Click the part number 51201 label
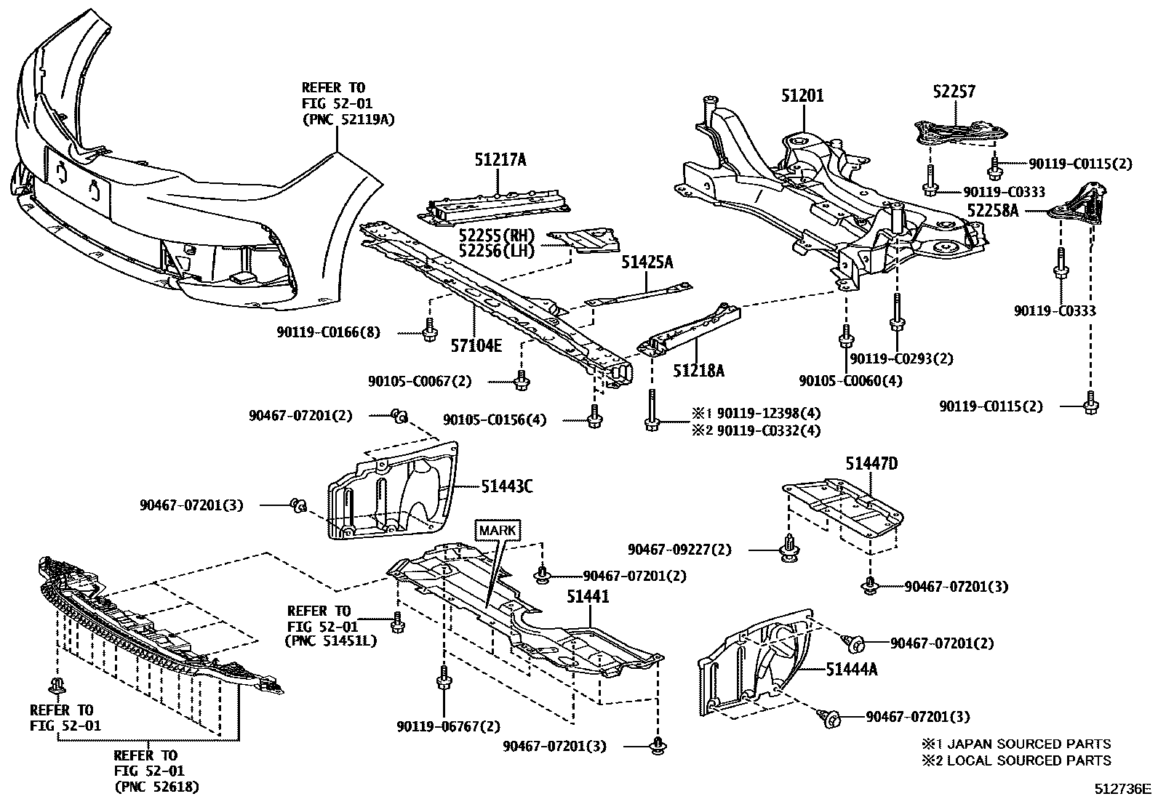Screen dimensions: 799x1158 (803, 95)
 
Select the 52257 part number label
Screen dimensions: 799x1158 (954, 92)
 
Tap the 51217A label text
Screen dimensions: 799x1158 (500, 161)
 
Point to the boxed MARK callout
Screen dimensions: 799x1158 (498, 530)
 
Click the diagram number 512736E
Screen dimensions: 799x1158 (1124, 788)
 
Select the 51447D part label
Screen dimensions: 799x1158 (871, 463)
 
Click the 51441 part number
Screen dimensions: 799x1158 (588, 597)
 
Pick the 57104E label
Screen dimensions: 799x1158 (476, 345)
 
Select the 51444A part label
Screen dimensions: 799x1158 (851, 669)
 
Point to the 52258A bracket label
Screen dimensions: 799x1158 (993, 211)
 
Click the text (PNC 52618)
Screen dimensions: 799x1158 (156, 787)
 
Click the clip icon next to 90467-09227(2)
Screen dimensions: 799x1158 (788, 547)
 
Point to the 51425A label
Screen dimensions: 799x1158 (647, 262)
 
